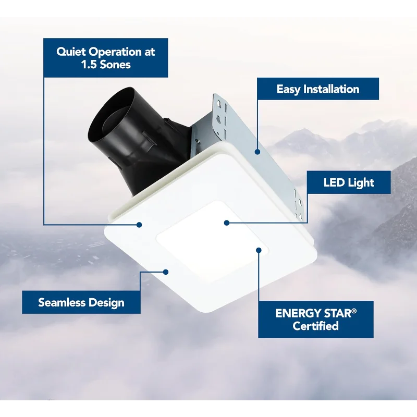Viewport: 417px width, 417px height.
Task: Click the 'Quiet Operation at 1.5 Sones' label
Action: point(106,58)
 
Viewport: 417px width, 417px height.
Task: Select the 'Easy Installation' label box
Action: point(317,89)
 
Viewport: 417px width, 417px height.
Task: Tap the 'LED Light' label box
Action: point(348,183)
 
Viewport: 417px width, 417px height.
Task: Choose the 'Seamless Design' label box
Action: point(81,302)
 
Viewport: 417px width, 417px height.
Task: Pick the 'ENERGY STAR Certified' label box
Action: point(316,319)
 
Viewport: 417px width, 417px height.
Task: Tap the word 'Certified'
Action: point(316,326)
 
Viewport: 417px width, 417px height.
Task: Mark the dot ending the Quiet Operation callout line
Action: point(139,225)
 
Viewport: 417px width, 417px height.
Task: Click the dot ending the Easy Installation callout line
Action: point(257,152)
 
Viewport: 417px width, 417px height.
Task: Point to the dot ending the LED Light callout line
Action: point(227,223)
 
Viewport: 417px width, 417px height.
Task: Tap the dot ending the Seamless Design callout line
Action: point(166,272)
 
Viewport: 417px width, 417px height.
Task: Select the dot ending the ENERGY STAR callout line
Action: point(259,250)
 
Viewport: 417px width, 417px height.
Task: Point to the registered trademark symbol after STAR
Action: point(355,310)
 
